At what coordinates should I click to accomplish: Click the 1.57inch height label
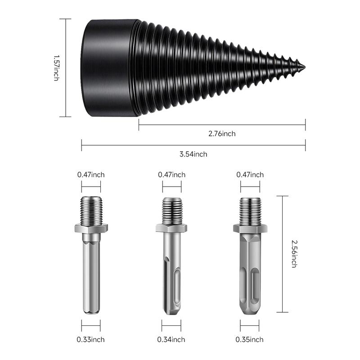click(x=56, y=68)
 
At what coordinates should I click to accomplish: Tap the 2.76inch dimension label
click(x=222, y=134)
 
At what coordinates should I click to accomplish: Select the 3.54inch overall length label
click(x=193, y=154)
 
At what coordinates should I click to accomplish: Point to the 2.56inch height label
click(x=294, y=254)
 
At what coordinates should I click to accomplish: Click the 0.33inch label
click(x=91, y=340)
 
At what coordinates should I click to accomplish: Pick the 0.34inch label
click(x=171, y=340)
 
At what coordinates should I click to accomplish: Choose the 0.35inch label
click(x=250, y=340)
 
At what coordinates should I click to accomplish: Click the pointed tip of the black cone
click(x=305, y=67)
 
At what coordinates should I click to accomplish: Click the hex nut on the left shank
click(x=91, y=228)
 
